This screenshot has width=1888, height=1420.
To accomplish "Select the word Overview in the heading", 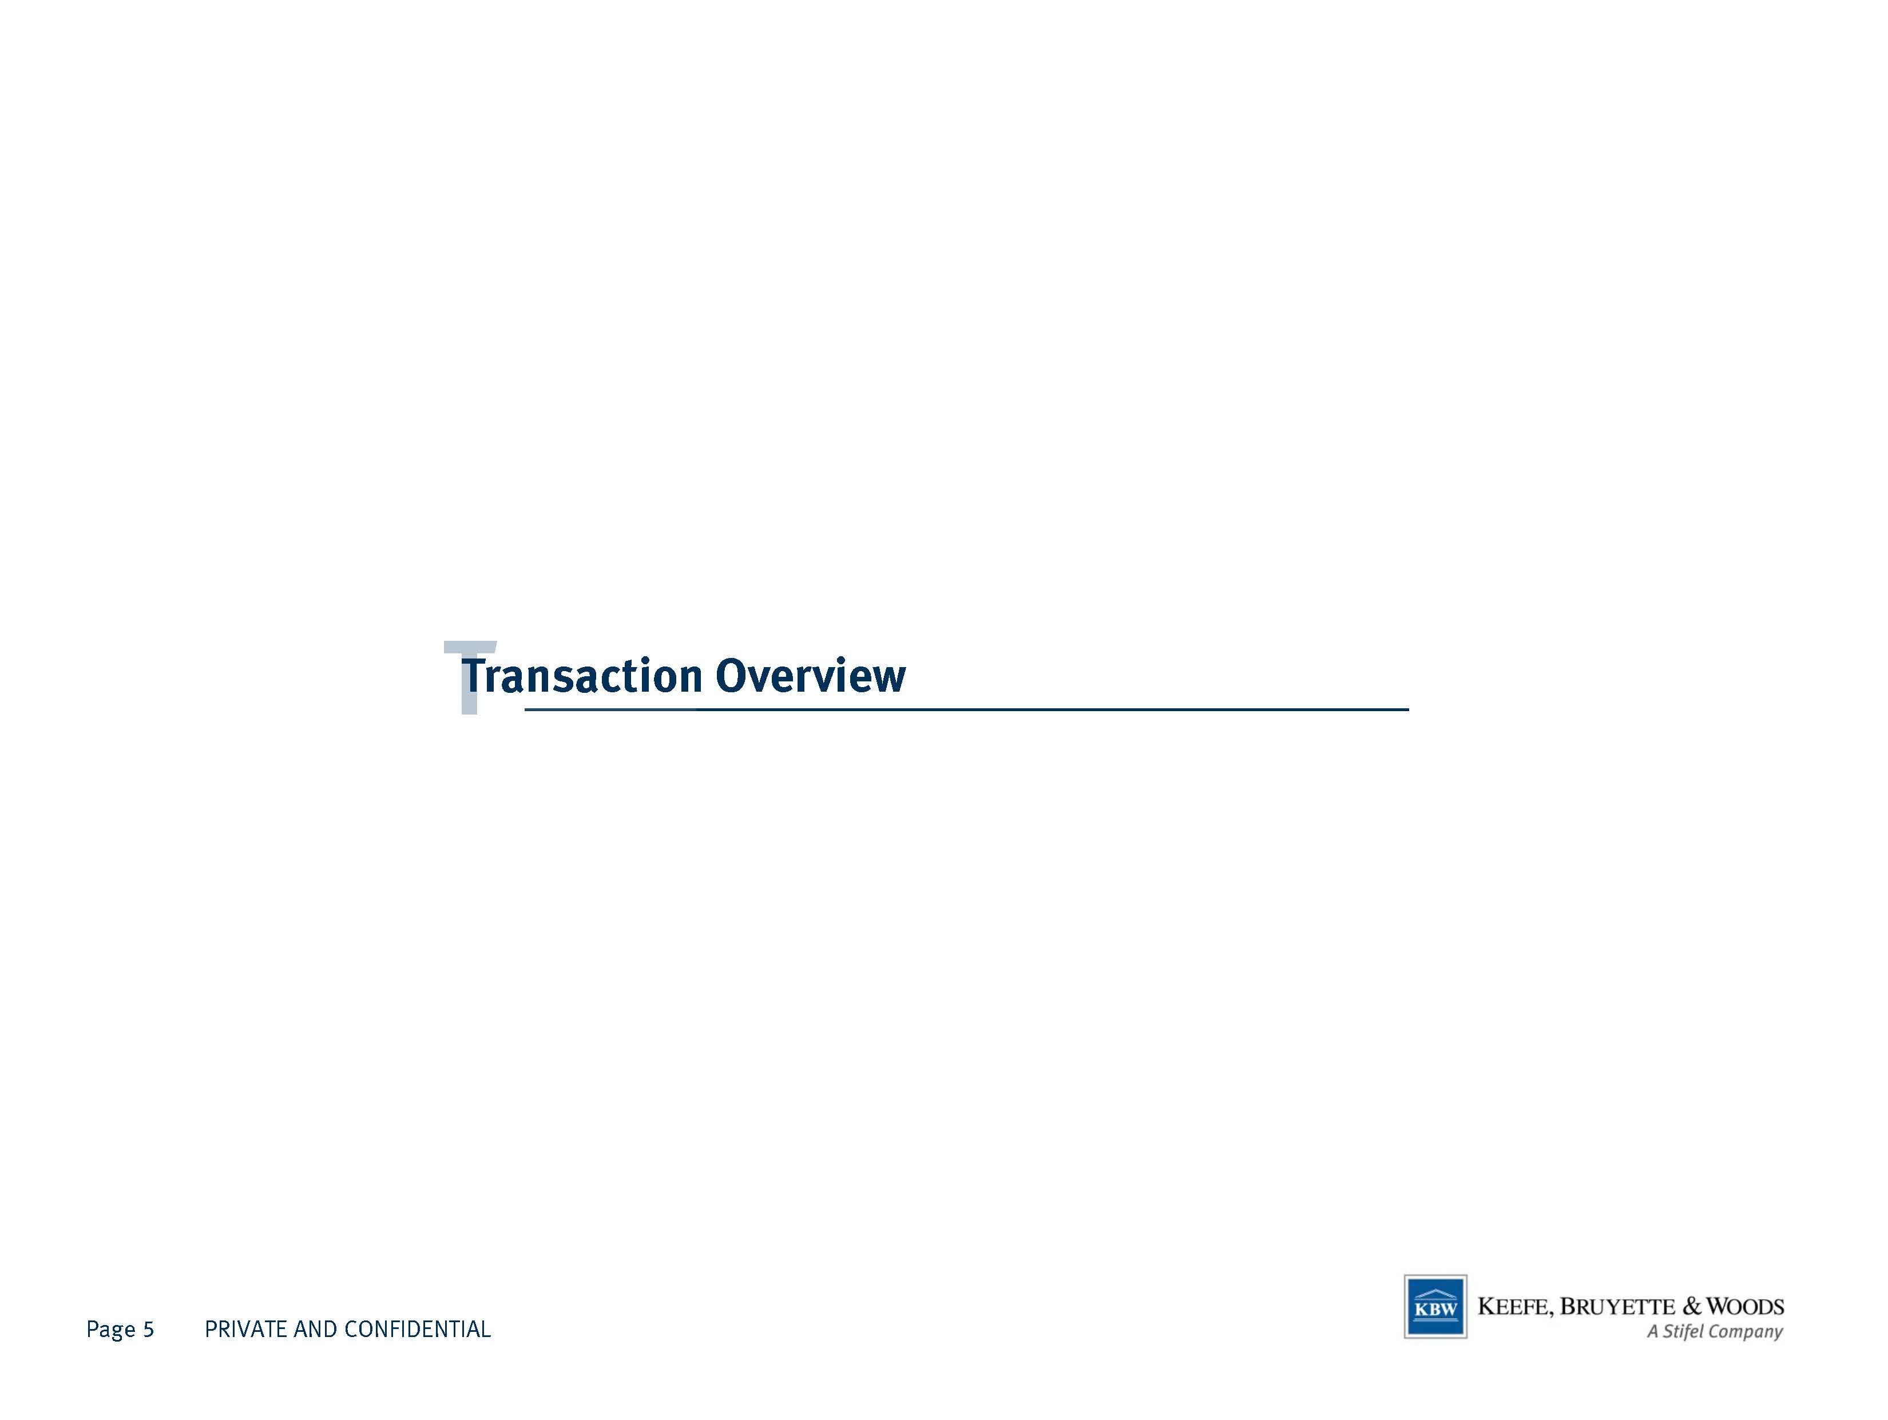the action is (x=810, y=676).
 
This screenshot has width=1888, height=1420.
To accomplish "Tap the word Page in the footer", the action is (x=111, y=1330).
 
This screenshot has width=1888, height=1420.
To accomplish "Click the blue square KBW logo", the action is (x=1435, y=1307).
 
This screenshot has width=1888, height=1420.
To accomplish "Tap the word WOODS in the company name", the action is (x=1746, y=1307).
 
